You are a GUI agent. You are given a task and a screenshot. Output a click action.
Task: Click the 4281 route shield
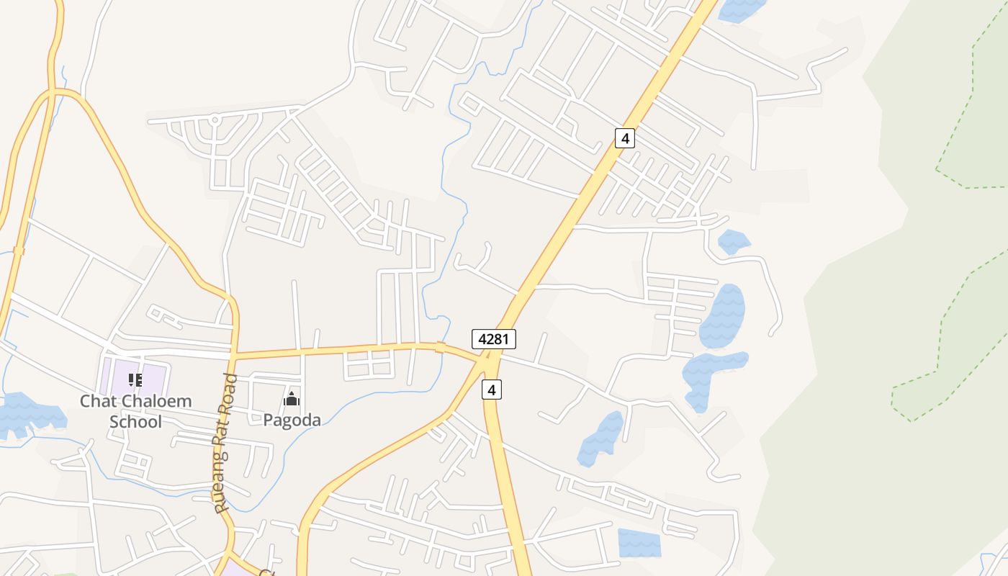(494, 339)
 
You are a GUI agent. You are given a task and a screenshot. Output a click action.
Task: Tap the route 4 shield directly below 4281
(492, 390)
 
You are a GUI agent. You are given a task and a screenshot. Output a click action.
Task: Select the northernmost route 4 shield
(625, 138)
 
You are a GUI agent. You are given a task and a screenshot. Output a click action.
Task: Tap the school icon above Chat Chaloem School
(135, 379)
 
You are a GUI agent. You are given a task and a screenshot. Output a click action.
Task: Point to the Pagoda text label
(292, 420)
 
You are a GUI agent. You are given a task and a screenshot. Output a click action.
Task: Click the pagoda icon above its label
(292, 398)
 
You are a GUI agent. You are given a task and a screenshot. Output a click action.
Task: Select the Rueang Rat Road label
(225, 442)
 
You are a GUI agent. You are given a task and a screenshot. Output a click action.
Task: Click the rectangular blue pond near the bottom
(639, 543)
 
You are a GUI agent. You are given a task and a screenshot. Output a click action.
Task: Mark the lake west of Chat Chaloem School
(29, 415)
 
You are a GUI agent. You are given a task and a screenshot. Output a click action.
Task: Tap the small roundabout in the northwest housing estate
(215, 120)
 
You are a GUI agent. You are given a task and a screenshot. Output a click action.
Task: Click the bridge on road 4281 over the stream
(440, 348)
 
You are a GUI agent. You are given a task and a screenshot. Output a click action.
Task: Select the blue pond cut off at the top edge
(742, 9)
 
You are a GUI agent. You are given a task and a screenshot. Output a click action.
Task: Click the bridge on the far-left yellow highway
(19, 251)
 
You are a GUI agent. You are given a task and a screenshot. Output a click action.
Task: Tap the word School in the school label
(135, 421)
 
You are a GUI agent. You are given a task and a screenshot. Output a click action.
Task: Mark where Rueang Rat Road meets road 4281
(233, 355)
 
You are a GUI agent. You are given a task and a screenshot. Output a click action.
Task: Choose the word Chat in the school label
(97, 401)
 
